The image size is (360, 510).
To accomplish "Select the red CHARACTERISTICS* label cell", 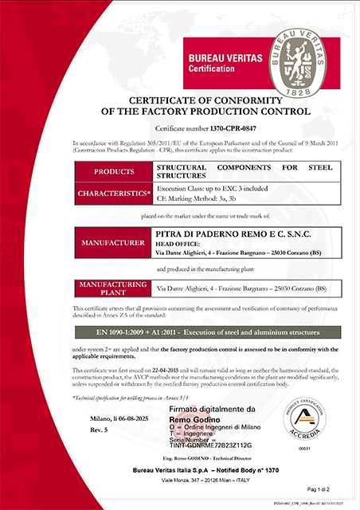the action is pos(114,193).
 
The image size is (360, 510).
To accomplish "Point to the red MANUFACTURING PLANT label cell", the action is pos(114,287).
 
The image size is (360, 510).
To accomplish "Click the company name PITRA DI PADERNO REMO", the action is pos(213,232).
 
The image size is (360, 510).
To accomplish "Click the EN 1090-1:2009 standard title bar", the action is pos(180,330).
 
